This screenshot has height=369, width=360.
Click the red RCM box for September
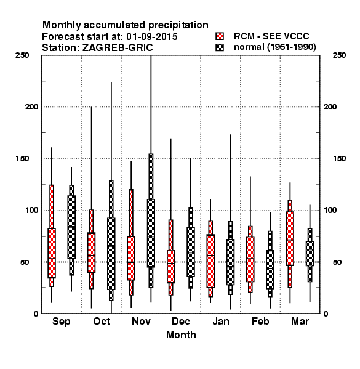[x=52, y=253]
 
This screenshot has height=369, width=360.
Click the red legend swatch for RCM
[x=220, y=36]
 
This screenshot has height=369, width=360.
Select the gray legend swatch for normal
[x=220, y=47]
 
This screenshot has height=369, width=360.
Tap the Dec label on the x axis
[x=181, y=321]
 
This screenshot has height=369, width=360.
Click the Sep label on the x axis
[x=61, y=322]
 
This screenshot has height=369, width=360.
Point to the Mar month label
[x=300, y=321]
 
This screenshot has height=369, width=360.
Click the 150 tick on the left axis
[x=22, y=159]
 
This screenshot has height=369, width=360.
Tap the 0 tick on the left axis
[x=36, y=314]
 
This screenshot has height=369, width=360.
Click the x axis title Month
[x=181, y=335]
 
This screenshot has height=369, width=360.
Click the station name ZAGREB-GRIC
[x=118, y=48]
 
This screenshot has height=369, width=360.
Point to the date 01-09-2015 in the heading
[x=152, y=37]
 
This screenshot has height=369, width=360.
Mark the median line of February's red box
[x=250, y=258]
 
